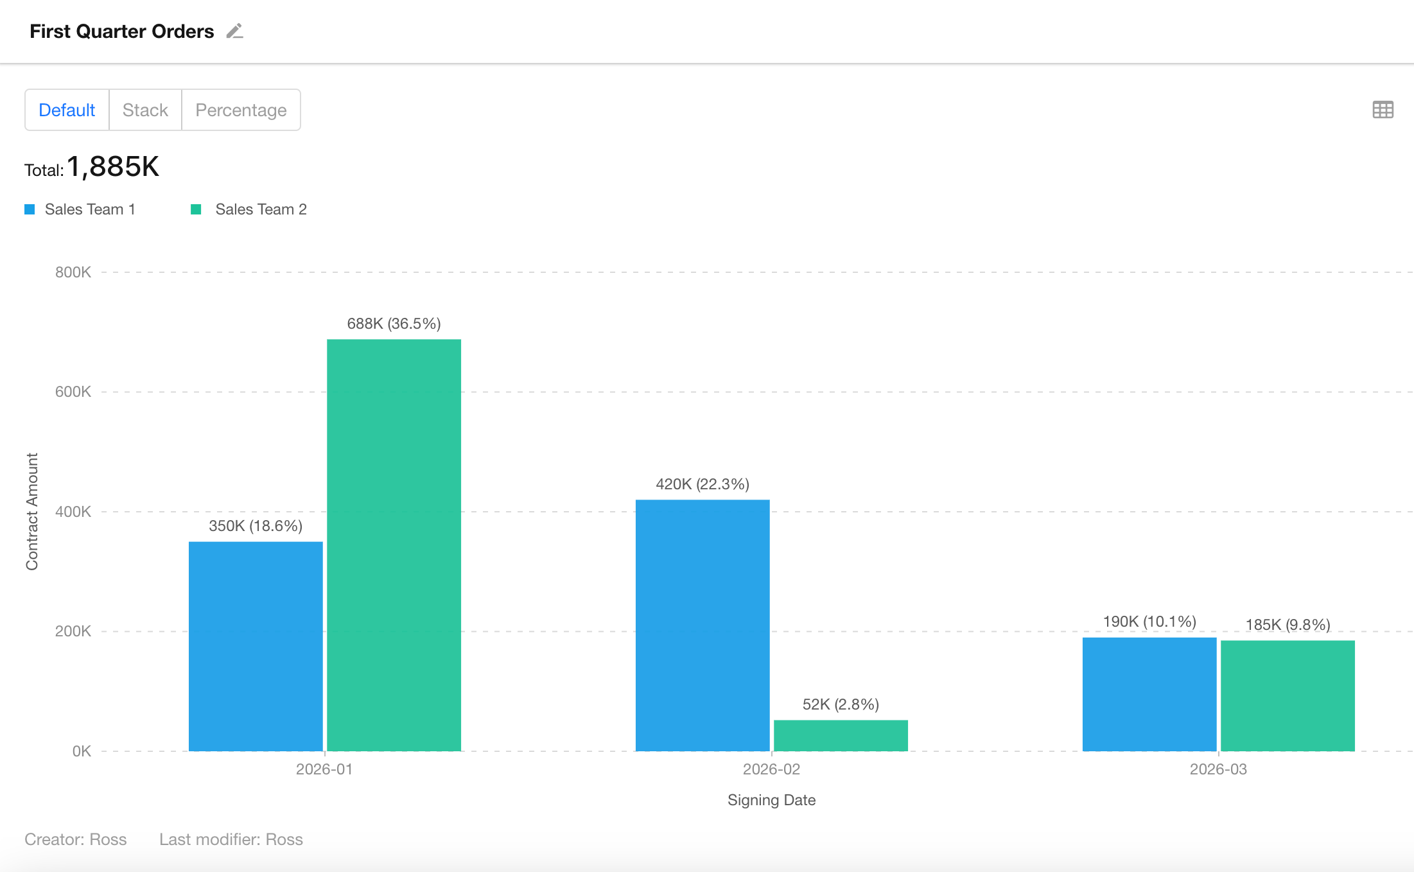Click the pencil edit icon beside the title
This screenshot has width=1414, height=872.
[235, 31]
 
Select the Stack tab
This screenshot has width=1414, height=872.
[145, 110]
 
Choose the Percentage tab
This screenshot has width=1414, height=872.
[241, 110]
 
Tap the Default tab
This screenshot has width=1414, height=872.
[67, 110]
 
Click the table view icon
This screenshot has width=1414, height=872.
[1383, 110]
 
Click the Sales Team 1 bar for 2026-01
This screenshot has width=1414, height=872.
[256, 646]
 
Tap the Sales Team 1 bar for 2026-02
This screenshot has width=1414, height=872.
[703, 625]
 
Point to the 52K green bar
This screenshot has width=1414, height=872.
[841, 735]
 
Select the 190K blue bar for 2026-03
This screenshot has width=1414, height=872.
[1149, 694]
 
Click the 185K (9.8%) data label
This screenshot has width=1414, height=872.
[1287, 625]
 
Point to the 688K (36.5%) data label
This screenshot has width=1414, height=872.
[394, 324]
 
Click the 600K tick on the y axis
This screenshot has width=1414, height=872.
[73, 392]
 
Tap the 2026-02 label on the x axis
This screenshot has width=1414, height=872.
[771, 769]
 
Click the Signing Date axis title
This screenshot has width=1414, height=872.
[771, 800]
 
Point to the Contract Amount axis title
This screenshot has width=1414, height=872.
[32, 511]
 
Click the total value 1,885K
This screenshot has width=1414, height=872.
[112, 167]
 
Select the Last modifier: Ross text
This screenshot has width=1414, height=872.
[231, 839]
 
